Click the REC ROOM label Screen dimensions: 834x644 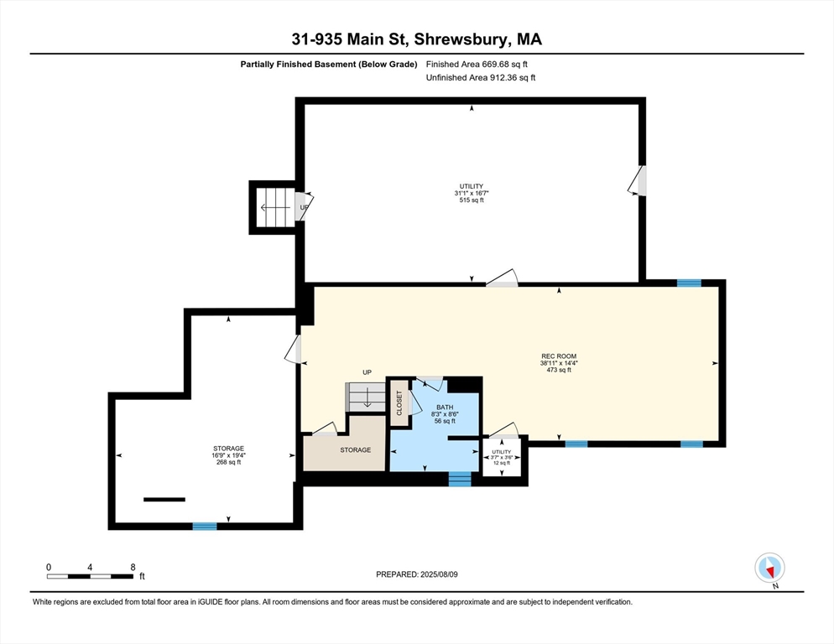(x=559, y=356)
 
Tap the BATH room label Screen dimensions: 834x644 (x=446, y=408)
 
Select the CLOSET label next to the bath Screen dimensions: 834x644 (x=399, y=403)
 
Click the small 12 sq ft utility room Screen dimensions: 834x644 (x=502, y=457)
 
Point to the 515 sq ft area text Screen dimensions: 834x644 (x=472, y=200)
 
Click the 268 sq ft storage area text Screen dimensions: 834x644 (x=229, y=462)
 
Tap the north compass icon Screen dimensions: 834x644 (x=769, y=568)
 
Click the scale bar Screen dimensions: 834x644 (x=90, y=576)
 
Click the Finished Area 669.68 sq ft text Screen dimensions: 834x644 (x=477, y=65)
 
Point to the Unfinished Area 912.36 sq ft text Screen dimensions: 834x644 (x=481, y=78)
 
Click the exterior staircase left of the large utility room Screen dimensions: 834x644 (x=275, y=207)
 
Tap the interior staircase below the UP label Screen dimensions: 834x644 (x=366, y=397)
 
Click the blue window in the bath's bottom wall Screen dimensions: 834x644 (x=460, y=479)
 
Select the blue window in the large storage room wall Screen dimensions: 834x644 (x=205, y=527)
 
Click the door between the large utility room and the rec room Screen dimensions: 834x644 (x=502, y=278)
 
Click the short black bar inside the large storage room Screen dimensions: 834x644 (x=164, y=500)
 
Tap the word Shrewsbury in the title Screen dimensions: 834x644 (x=460, y=40)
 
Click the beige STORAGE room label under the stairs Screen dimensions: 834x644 (x=356, y=450)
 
